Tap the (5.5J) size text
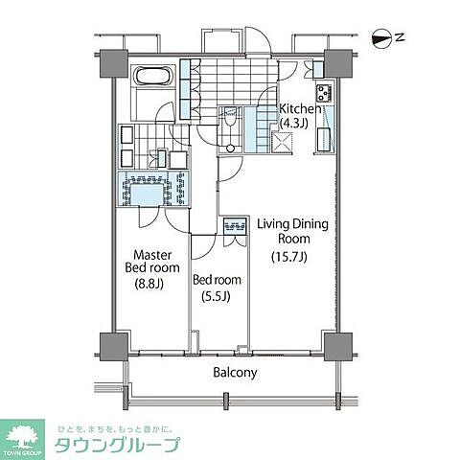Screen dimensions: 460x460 pyautogui.click(x=216, y=297)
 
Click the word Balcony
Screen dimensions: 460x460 pyautogui.click(x=234, y=373)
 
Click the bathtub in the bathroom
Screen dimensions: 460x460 pyautogui.click(x=153, y=77)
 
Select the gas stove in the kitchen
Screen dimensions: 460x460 pyautogui.click(x=326, y=94)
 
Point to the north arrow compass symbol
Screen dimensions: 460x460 pyautogui.click(x=383, y=39)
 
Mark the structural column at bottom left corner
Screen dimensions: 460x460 pyautogui.click(x=112, y=345)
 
